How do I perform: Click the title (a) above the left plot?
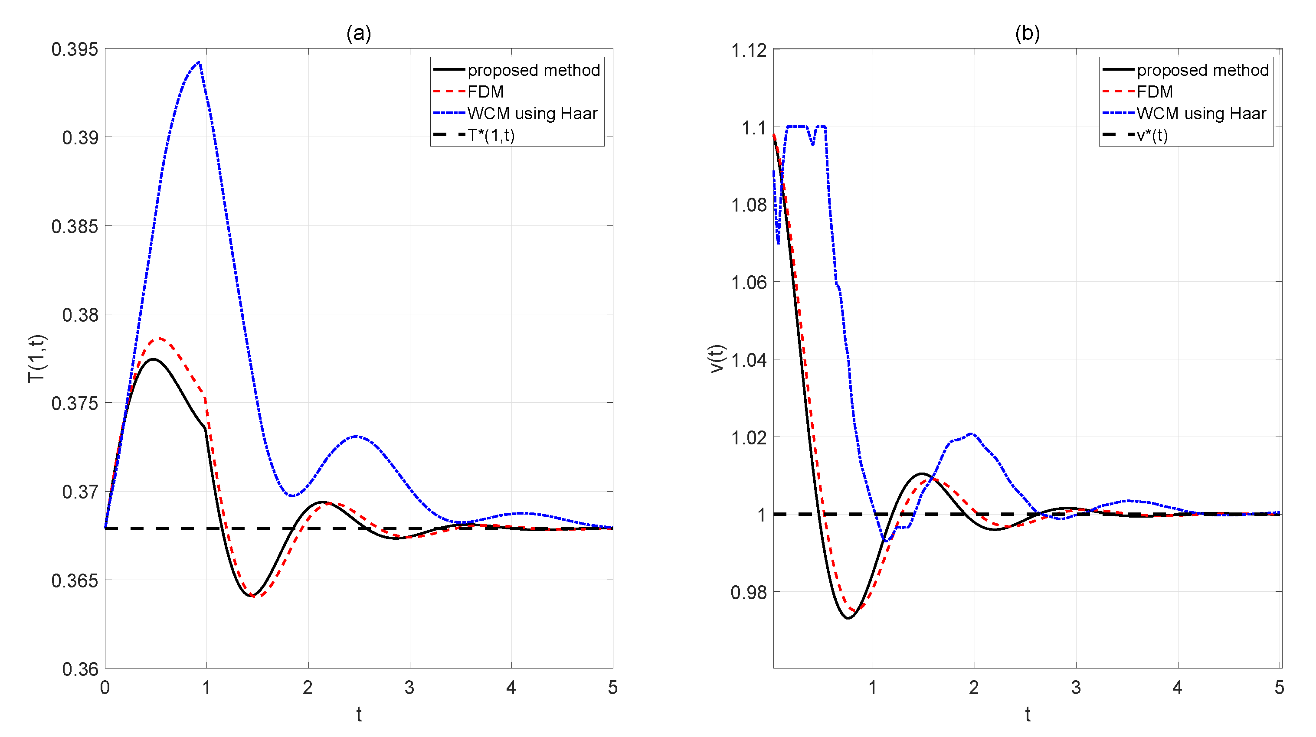[x=359, y=33]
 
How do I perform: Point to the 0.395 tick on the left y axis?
[x=75, y=49]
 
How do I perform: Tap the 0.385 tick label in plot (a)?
[x=75, y=226]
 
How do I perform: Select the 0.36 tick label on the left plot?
[x=80, y=669]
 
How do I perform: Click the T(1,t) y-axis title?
[x=37, y=359]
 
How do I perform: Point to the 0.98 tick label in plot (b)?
[x=749, y=593]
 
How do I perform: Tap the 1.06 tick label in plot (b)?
[x=749, y=282]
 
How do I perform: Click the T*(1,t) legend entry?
[x=491, y=135]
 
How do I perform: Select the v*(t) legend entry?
[x=1152, y=135]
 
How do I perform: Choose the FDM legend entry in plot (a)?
[x=485, y=92]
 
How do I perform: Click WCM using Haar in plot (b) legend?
[x=1201, y=114]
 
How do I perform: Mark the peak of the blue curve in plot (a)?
[x=198, y=63]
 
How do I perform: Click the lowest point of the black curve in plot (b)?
[x=848, y=618]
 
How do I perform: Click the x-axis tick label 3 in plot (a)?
[x=409, y=688]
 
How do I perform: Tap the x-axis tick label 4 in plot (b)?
[x=1177, y=688]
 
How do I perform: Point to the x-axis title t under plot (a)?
[x=359, y=714]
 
